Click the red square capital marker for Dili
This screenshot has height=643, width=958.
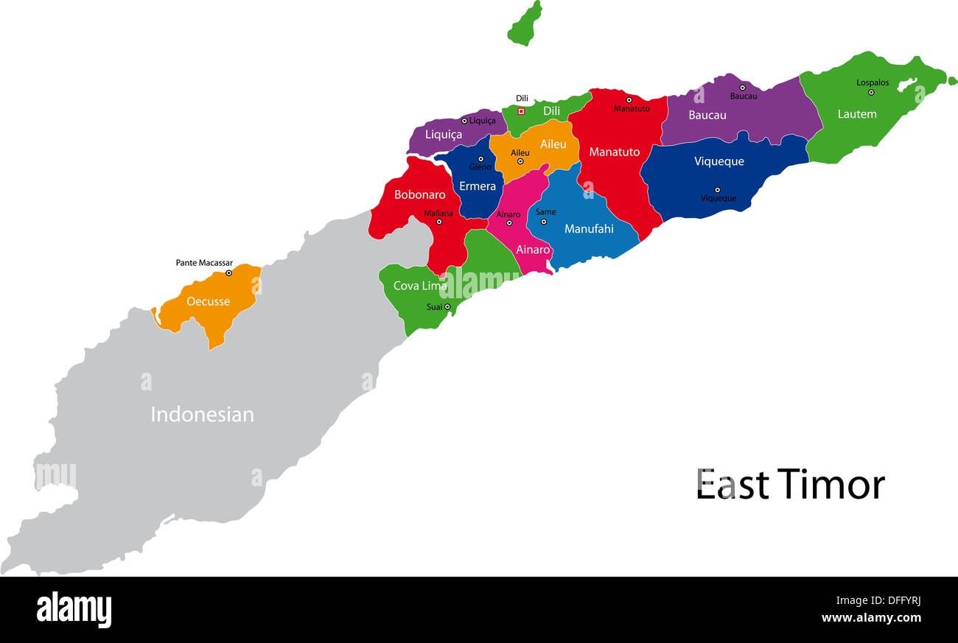point(521,111)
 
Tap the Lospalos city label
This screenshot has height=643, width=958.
point(873,82)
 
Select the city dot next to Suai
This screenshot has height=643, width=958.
point(447,307)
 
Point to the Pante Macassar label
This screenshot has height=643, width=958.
point(204,262)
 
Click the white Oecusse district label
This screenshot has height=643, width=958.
point(208,301)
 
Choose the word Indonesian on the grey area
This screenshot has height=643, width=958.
point(202,414)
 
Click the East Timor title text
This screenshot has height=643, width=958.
point(790,485)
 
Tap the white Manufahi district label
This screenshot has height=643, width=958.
point(589,229)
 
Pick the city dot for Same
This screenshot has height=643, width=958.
point(544,222)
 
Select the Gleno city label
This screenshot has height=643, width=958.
point(480,167)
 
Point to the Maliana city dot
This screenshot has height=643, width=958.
point(439,222)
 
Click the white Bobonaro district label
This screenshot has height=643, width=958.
point(420,195)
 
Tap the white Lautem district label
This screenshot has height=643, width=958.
point(857,114)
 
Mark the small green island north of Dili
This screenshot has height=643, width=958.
point(525,24)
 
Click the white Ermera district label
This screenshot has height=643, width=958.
point(478,186)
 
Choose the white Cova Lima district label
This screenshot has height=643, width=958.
point(420,286)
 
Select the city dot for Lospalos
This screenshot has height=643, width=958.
point(870,92)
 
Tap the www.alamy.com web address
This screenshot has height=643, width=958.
point(871,618)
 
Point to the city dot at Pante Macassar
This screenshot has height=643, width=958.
point(228,273)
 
